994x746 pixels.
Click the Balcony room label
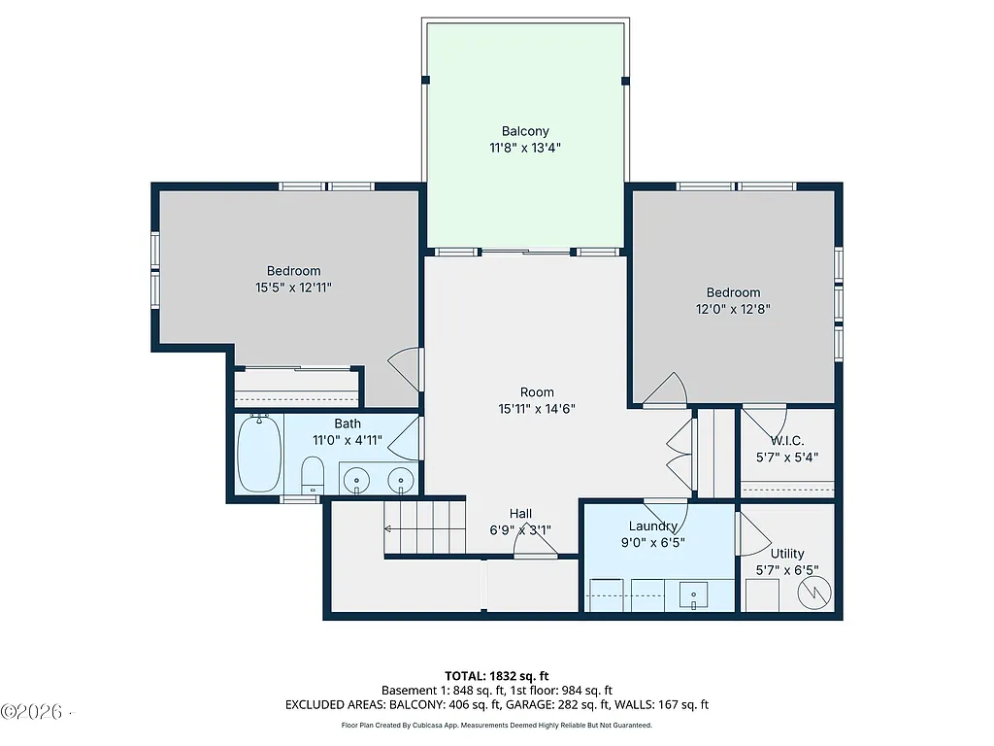(525, 131)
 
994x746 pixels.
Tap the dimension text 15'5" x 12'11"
(294, 288)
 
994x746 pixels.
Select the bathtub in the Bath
(259, 453)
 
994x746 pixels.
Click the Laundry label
(652, 526)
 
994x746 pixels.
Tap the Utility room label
(787, 554)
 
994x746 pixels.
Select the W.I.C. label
(787, 440)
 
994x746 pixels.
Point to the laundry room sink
(694, 592)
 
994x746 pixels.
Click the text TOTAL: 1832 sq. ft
(496, 675)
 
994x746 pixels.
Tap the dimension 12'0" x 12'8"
(733, 309)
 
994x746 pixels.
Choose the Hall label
(521, 513)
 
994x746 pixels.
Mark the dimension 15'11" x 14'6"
(537, 409)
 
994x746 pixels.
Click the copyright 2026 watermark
(36, 712)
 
